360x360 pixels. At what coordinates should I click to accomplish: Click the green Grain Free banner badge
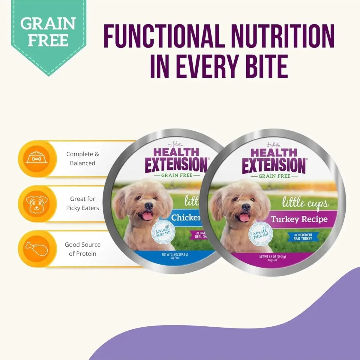pos(48,33)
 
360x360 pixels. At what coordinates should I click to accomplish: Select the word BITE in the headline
pos(258,65)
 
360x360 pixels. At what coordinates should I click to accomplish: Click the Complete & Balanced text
pos(82,159)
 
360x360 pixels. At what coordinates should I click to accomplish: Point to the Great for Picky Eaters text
pos(82,203)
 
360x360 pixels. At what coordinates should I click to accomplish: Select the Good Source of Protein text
pos(82,249)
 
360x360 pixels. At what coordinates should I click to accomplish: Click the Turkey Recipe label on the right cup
pos(299,219)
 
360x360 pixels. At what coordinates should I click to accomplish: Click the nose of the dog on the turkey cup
pos(246,207)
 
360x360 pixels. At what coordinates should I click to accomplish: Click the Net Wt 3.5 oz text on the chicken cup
pos(175,256)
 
